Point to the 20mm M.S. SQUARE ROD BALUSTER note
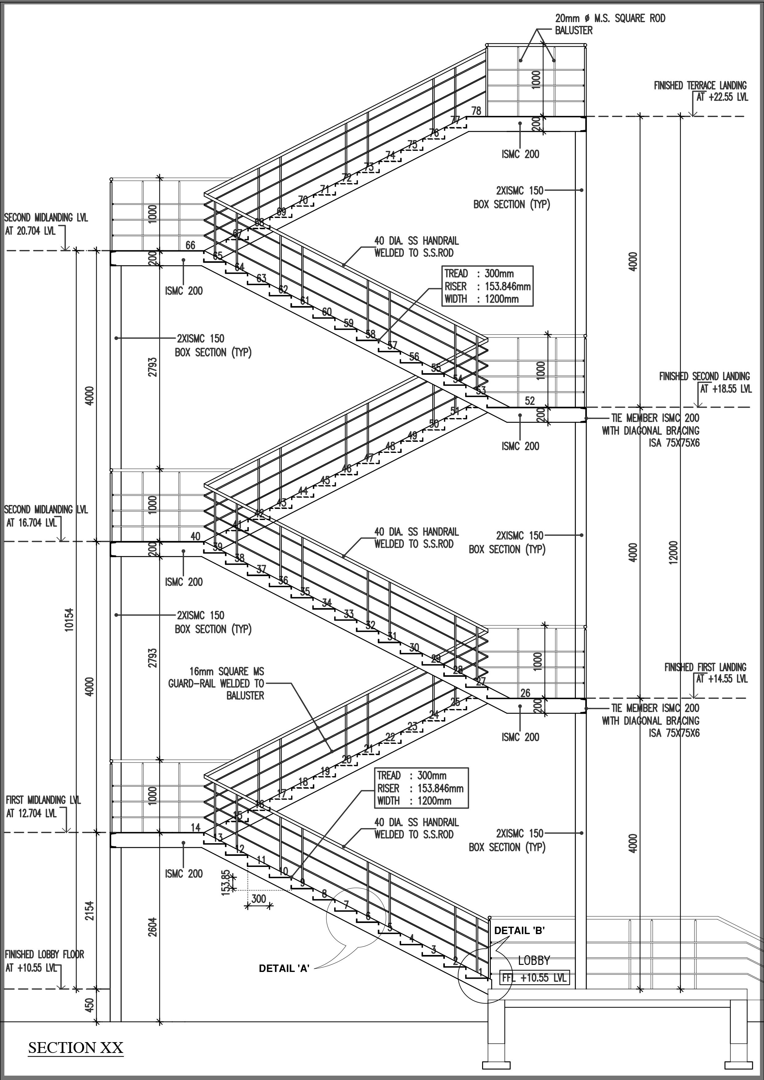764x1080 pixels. tap(610, 24)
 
